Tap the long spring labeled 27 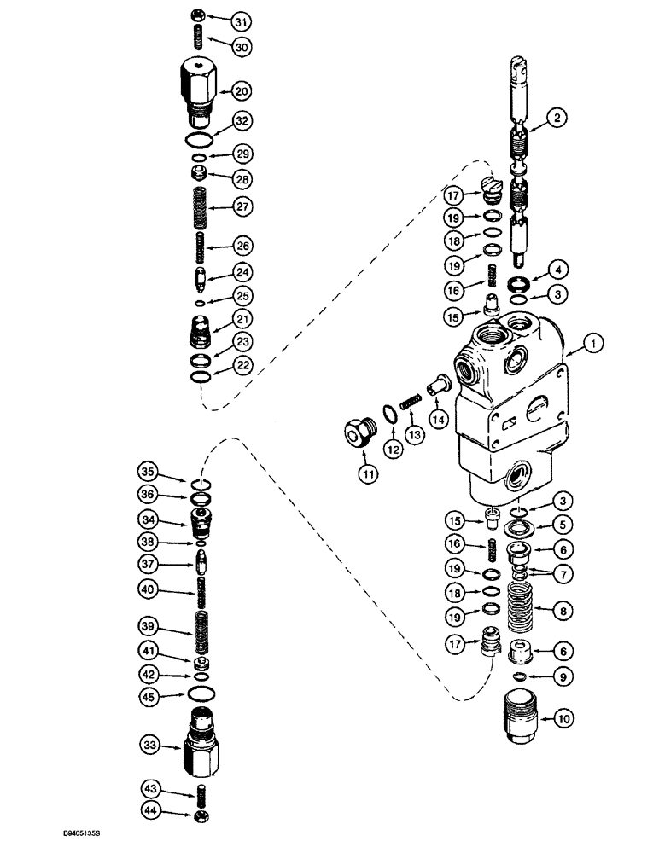196,206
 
